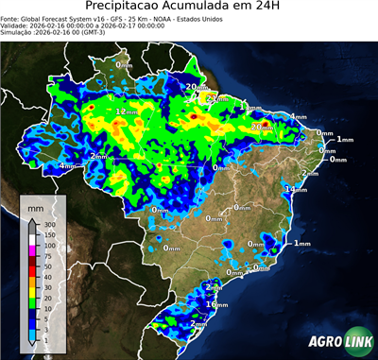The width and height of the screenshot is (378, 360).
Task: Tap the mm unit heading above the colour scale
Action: [36, 207]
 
